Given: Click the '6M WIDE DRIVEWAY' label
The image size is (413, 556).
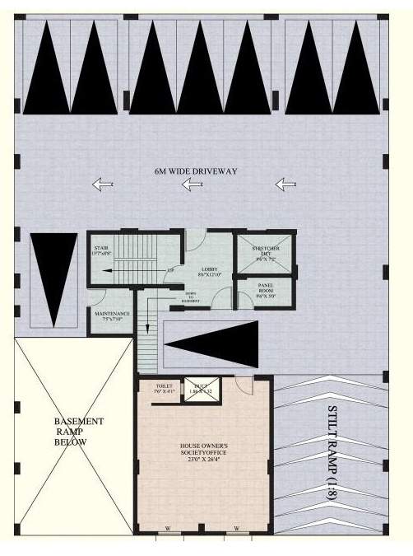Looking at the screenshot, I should point(196,171).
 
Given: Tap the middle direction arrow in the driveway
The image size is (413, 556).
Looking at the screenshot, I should point(195,184).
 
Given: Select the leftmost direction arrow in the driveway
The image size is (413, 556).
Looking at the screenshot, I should point(102,185).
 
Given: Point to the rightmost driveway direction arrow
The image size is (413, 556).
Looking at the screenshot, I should point(285,184).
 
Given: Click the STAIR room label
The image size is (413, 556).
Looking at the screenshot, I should point(100,250).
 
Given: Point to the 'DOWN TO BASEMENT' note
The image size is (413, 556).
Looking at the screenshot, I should point(190,299).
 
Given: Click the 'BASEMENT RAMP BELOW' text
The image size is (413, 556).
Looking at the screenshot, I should point(77,431).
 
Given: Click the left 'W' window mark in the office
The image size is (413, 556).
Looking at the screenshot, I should point(169,529).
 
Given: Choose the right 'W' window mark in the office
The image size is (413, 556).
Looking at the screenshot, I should point(236,529).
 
